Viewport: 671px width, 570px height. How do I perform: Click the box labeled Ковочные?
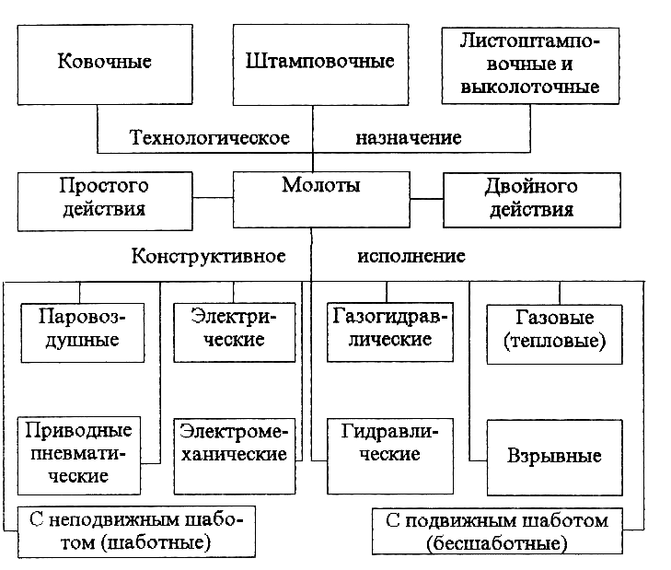[105, 64]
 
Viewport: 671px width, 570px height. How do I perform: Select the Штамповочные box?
[320, 64]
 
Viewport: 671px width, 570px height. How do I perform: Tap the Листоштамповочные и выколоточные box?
[530, 66]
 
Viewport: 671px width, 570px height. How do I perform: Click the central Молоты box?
[321, 200]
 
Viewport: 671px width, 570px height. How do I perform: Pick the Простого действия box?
[105, 202]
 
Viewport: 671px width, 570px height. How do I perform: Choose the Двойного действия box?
[532, 200]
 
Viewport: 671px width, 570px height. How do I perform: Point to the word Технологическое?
[210, 138]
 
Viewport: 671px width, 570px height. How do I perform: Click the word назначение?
[409, 138]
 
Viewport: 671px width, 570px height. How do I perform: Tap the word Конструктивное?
[208, 256]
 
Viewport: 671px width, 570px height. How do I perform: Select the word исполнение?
[411, 256]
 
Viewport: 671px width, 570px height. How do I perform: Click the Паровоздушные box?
[83, 332]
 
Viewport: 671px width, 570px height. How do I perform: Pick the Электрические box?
[235, 332]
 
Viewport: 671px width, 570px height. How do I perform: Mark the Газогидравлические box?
[390, 332]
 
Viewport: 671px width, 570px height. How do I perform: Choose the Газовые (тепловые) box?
[555, 334]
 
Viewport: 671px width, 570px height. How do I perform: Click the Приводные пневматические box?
[79, 456]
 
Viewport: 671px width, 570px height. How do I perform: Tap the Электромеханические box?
[235, 456]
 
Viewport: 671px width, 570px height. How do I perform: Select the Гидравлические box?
[390, 456]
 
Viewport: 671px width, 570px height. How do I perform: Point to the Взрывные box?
[555, 458]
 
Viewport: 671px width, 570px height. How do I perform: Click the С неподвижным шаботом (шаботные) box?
[136, 531]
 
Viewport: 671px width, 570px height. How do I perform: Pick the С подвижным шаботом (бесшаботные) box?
[497, 531]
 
